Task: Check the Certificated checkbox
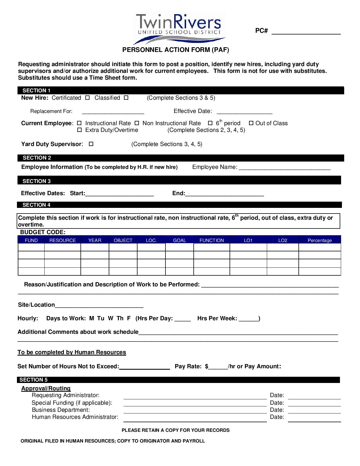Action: point(88,98)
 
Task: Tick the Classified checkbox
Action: point(126,98)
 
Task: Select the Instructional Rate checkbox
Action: point(79,123)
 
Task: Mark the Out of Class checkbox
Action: point(251,123)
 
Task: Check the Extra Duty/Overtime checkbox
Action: point(79,130)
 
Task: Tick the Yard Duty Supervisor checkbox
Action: point(91,144)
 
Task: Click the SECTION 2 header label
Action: point(37,158)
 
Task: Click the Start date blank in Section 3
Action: point(119,194)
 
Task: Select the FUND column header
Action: point(31,240)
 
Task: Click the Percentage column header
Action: point(320,240)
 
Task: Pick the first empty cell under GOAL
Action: point(179,247)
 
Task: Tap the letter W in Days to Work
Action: point(111,319)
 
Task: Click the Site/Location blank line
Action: point(99,306)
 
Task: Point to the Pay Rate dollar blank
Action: point(218,367)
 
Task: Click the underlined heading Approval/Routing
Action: point(46,388)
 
